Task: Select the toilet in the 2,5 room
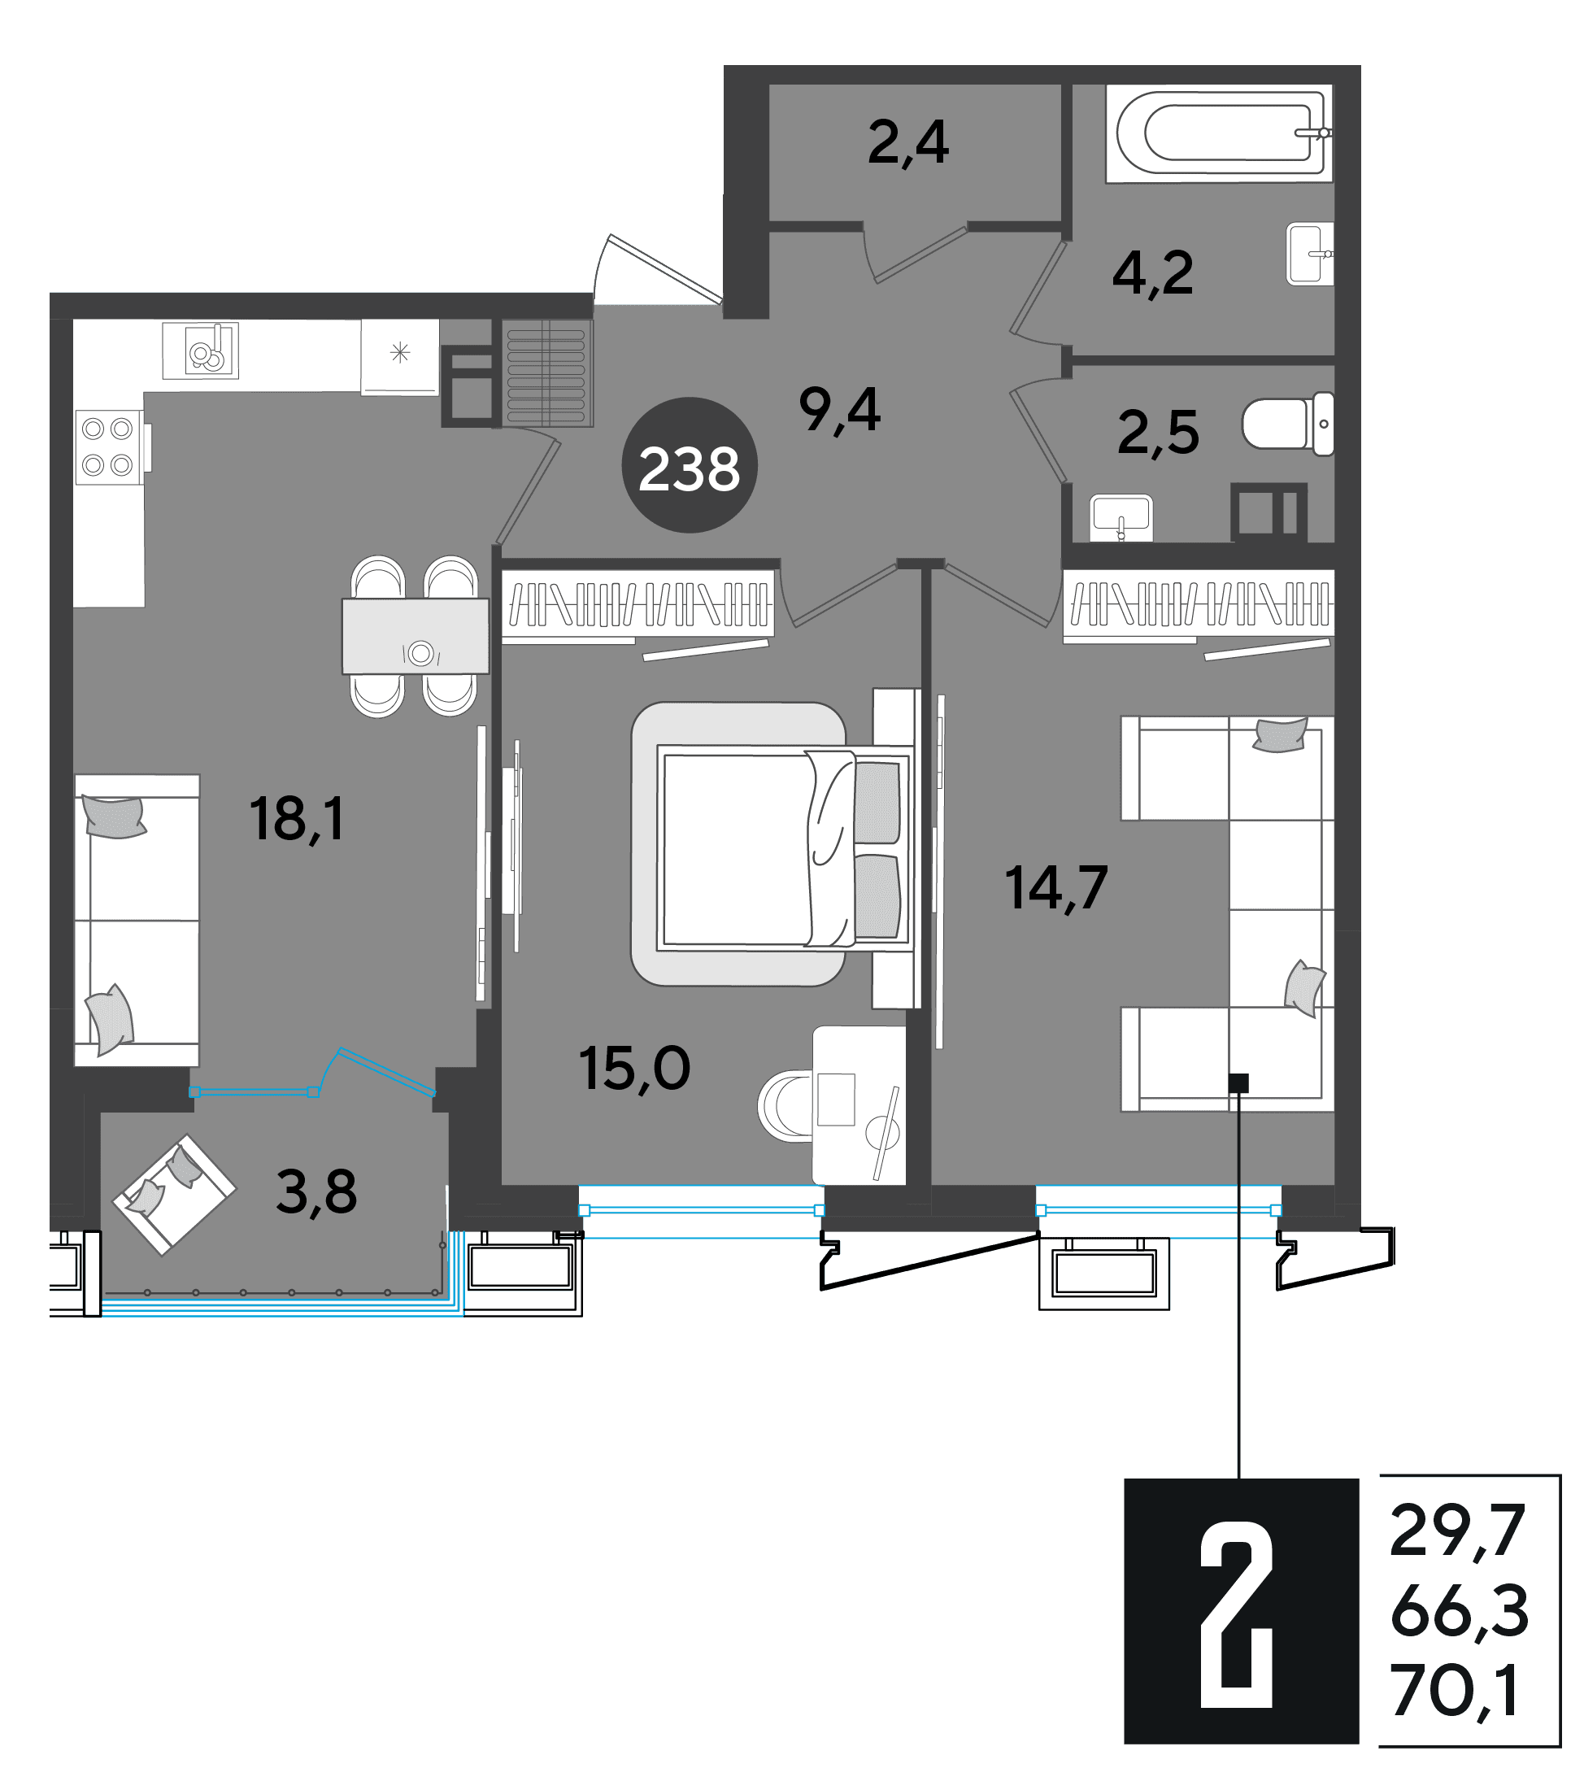coord(1288,424)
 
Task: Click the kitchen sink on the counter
coord(201,351)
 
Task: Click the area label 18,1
coord(297,819)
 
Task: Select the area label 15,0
coord(634,1069)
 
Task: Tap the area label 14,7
coord(1056,887)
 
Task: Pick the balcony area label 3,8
coord(316,1192)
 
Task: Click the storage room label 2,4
coord(908,143)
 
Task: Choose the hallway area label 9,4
coord(840,410)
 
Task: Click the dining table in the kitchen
coord(415,637)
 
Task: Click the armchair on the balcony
coord(174,1195)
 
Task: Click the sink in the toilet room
coord(1121,517)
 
